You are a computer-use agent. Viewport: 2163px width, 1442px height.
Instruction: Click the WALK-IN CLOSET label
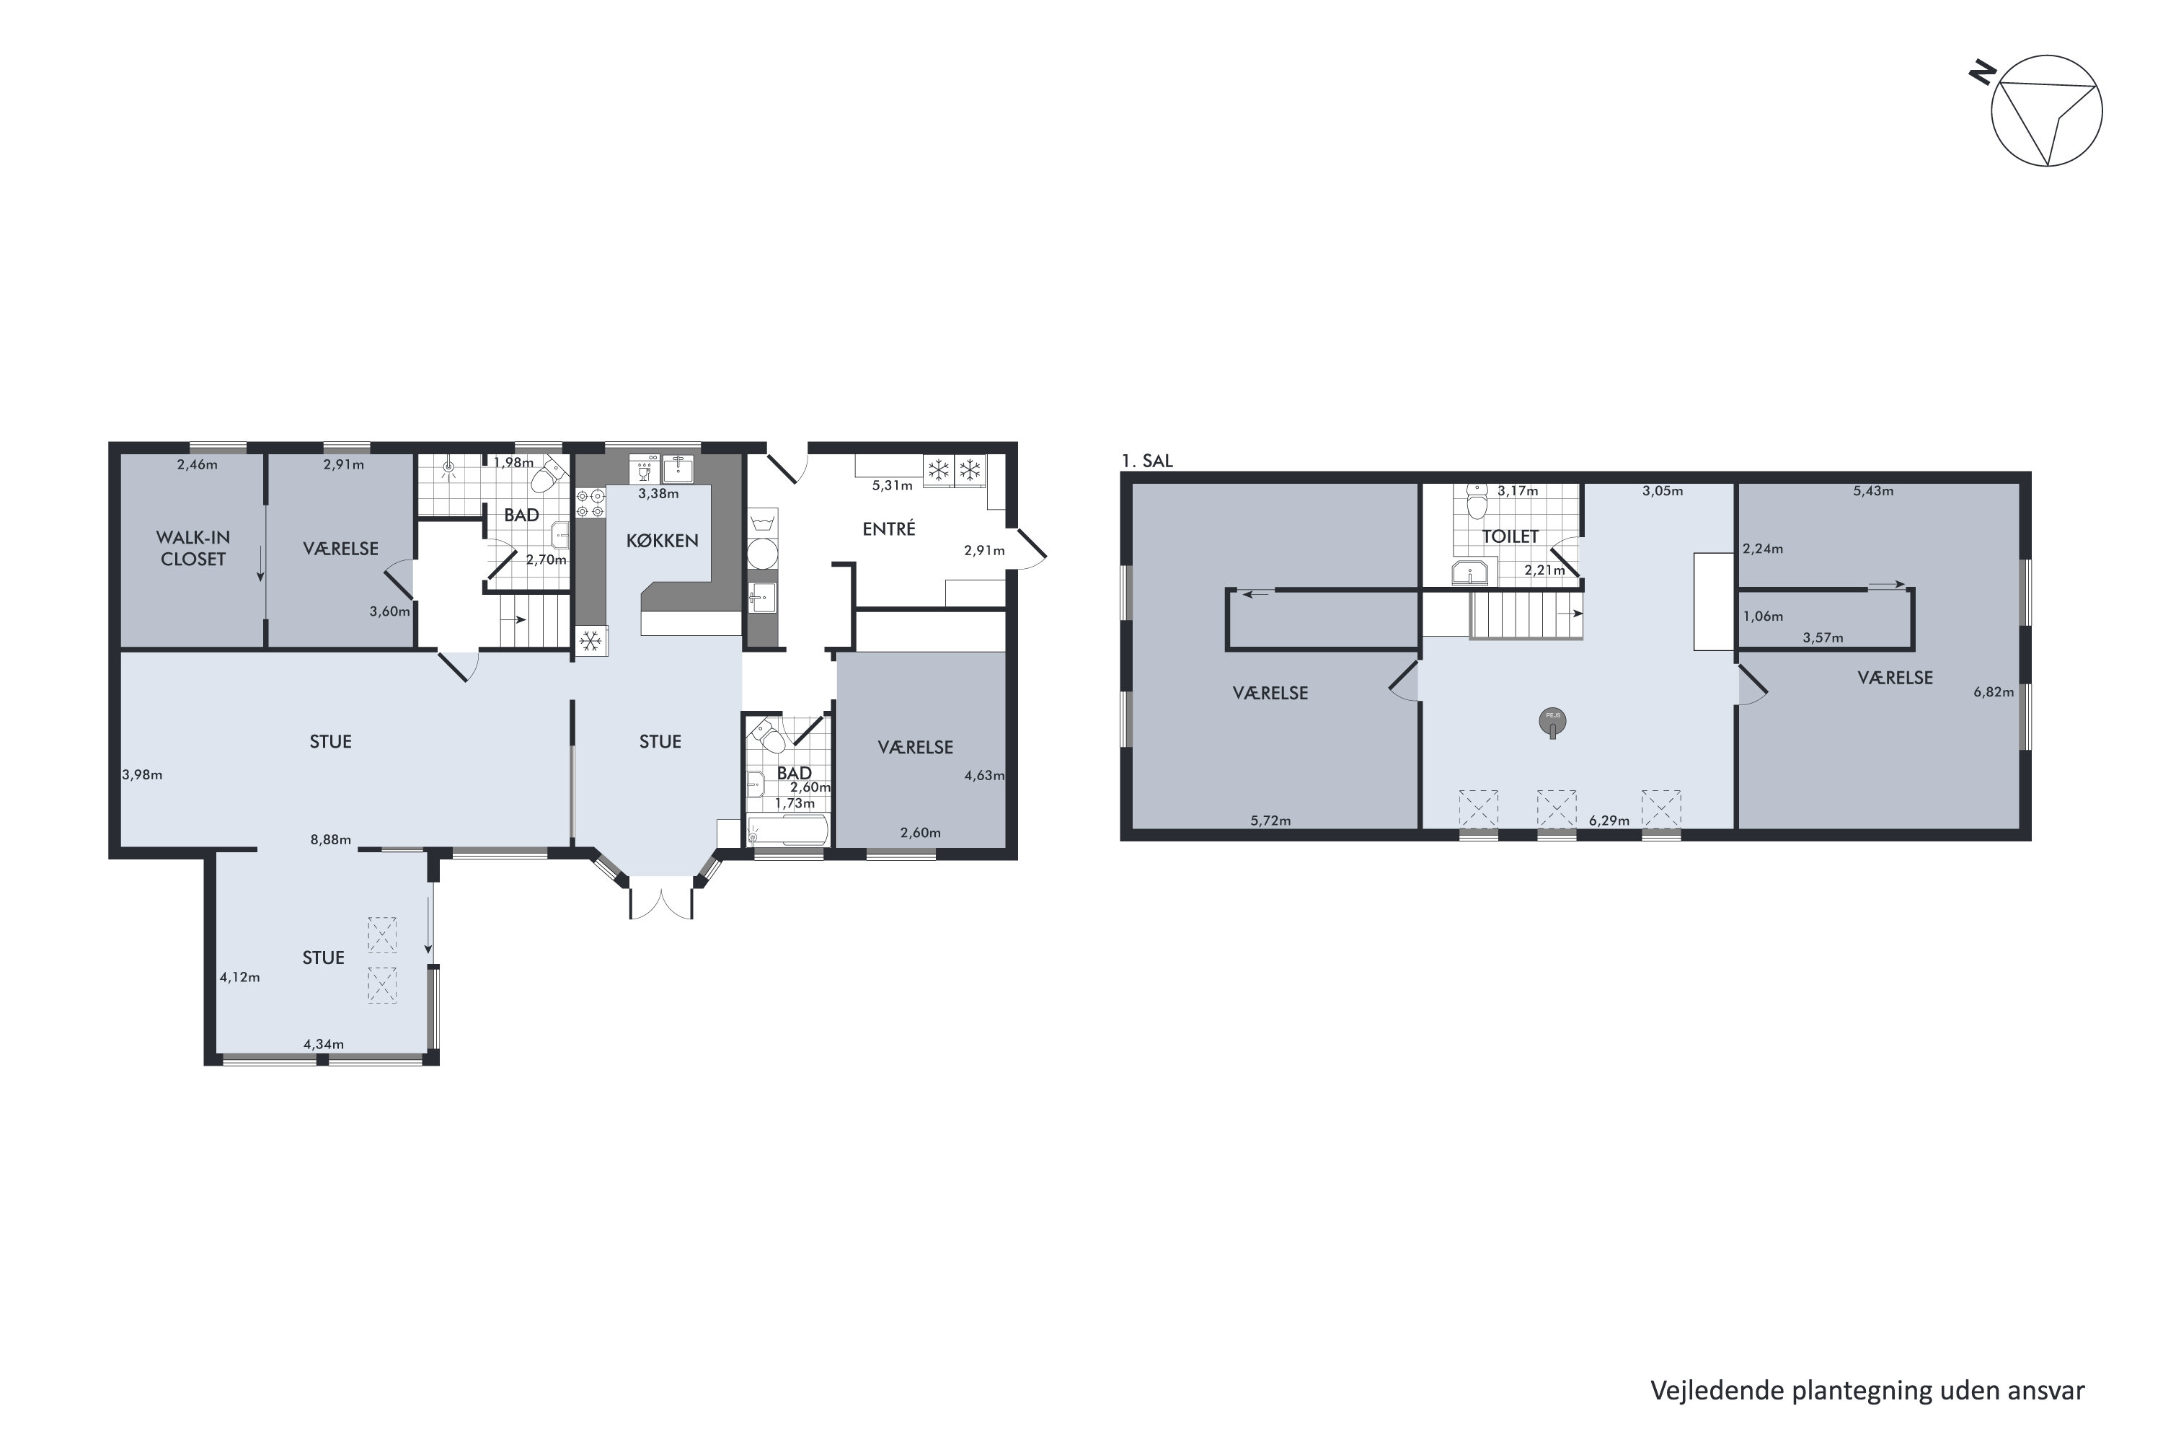point(193,548)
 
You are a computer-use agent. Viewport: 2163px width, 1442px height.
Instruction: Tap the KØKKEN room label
point(662,541)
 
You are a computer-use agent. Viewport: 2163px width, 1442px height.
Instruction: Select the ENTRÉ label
point(888,528)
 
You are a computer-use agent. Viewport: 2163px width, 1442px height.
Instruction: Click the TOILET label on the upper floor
point(1510,536)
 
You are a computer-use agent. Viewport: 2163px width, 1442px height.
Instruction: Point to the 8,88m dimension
point(331,840)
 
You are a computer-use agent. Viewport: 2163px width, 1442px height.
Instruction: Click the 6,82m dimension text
point(1994,692)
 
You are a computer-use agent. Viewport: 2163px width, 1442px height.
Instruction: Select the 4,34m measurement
point(324,1044)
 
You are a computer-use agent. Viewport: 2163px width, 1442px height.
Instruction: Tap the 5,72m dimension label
point(1271,820)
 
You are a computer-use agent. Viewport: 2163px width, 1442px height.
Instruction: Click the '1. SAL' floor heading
point(1147,461)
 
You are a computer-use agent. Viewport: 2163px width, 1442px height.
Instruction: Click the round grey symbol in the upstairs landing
point(1552,722)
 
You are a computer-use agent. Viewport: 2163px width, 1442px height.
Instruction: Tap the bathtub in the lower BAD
point(788,831)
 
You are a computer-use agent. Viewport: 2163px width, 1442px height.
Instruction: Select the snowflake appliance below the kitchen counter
point(590,641)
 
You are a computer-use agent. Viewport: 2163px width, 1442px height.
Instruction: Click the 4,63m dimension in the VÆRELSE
point(984,775)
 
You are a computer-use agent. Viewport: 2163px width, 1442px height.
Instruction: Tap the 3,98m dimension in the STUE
point(143,774)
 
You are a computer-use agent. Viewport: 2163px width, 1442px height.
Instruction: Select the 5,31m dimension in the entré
point(892,485)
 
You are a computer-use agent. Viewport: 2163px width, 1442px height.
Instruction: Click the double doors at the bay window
point(661,898)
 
